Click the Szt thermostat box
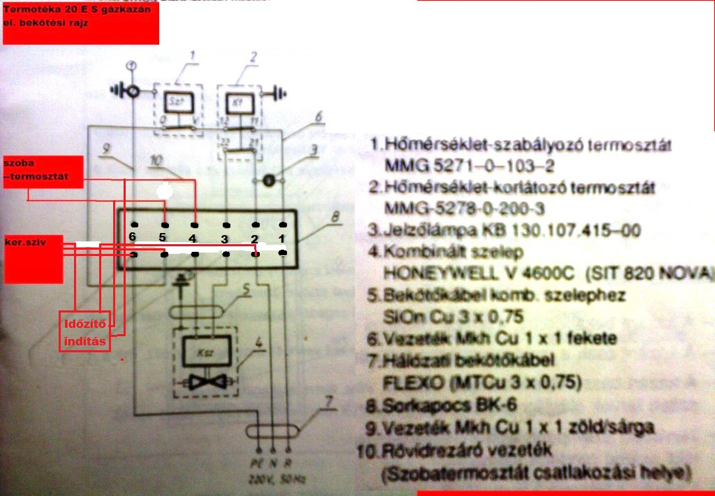click(178, 102)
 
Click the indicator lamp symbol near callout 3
click(269, 180)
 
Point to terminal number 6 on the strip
click(132, 237)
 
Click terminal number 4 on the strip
click(193, 239)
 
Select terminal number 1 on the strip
click(282, 239)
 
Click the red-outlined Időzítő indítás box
click(85, 332)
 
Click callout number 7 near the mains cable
click(329, 402)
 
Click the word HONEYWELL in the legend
click(433, 274)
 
